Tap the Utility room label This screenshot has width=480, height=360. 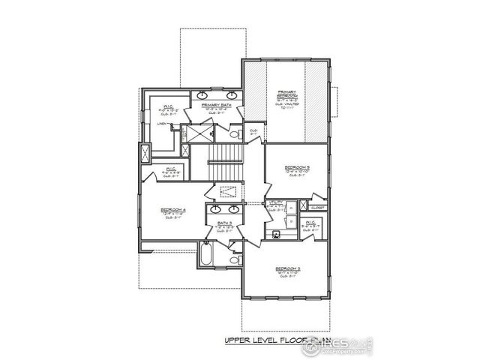[x=275, y=202]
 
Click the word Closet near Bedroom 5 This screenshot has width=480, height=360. [x=316, y=208]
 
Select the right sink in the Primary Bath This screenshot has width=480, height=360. [x=231, y=95]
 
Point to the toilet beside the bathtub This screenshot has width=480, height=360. [x=235, y=260]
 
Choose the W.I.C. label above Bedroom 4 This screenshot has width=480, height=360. [x=170, y=169]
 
